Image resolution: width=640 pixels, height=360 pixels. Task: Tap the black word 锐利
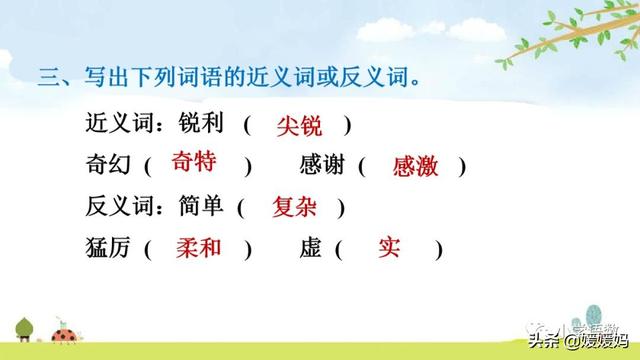click(202, 126)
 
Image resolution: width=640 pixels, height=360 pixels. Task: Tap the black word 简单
click(201, 207)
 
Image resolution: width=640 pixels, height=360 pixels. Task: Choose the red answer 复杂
click(296, 207)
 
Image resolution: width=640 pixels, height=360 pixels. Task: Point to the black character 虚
click(309, 248)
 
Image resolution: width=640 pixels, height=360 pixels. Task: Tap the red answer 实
click(389, 247)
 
